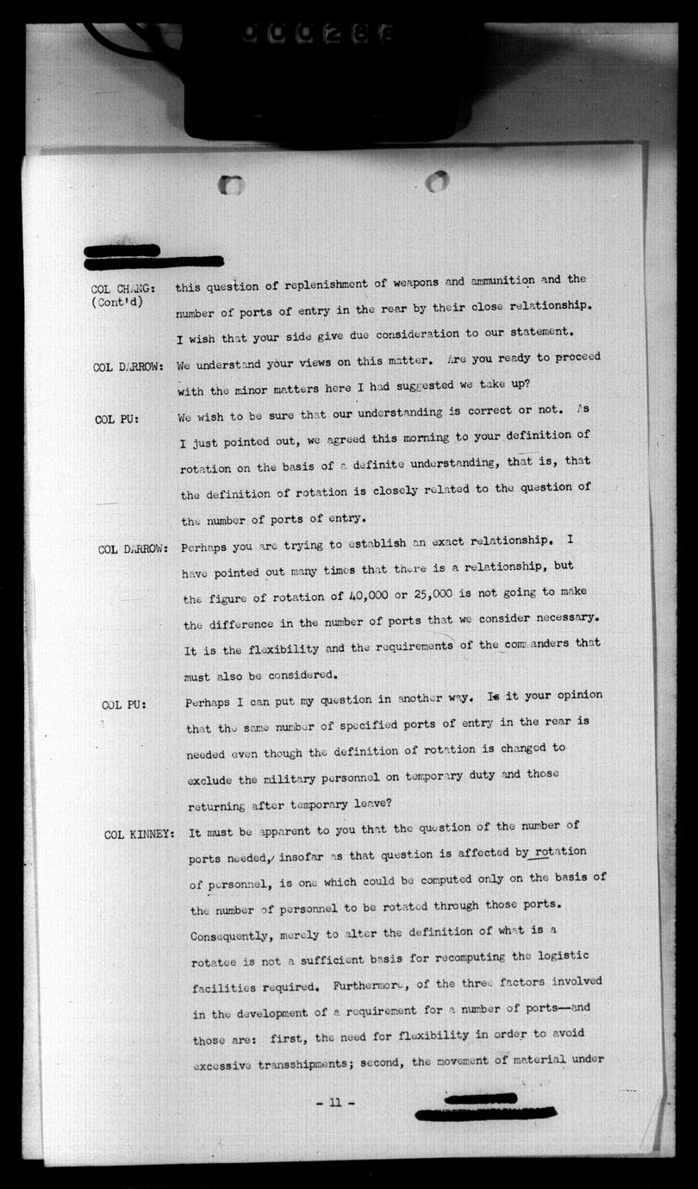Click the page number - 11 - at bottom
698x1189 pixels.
(335, 1103)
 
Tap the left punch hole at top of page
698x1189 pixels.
(231, 185)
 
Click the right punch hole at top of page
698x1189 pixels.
(437, 181)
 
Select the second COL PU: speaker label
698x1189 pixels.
(124, 704)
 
